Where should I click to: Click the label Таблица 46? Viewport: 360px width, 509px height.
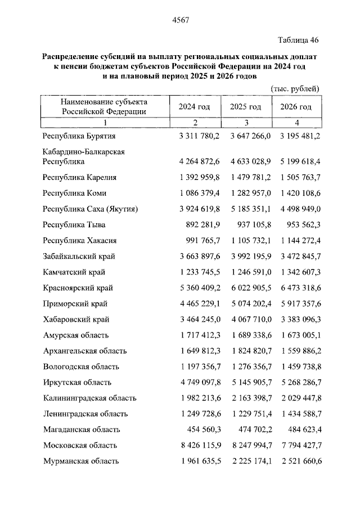tap(299, 39)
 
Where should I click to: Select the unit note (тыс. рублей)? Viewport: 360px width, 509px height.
tap(295, 88)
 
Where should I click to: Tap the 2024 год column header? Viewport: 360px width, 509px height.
tap(195, 107)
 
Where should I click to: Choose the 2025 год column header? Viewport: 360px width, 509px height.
tap(245, 107)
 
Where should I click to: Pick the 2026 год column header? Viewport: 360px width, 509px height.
tap(296, 107)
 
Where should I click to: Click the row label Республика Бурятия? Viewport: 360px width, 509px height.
tap(79, 136)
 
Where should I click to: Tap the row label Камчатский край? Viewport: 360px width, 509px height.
tap(78, 272)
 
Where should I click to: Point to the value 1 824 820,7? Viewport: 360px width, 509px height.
tap(251, 351)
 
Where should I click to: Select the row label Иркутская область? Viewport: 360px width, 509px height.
tap(80, 382)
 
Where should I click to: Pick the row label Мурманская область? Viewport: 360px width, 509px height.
tap(81, 461)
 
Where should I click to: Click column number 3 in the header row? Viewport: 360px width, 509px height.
tap(245, 123)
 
